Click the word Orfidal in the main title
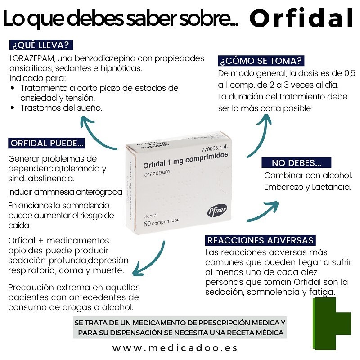click(301, 18)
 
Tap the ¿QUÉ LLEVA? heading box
click(41, 45)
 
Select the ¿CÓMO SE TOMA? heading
click(261, 61)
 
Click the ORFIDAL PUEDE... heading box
click(47, 143)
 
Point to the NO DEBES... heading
click(297, 163)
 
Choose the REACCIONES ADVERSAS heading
click(261, 240)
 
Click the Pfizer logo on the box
click(217, 210)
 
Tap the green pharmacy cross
click(332, 324)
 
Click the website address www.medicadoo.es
click(175, 348)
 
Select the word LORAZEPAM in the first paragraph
click(32, 59)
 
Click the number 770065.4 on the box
click(211, 148)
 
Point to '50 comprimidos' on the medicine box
click(162, 222)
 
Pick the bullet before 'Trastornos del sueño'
click(13, 108)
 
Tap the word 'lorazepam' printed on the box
click(156, 173)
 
